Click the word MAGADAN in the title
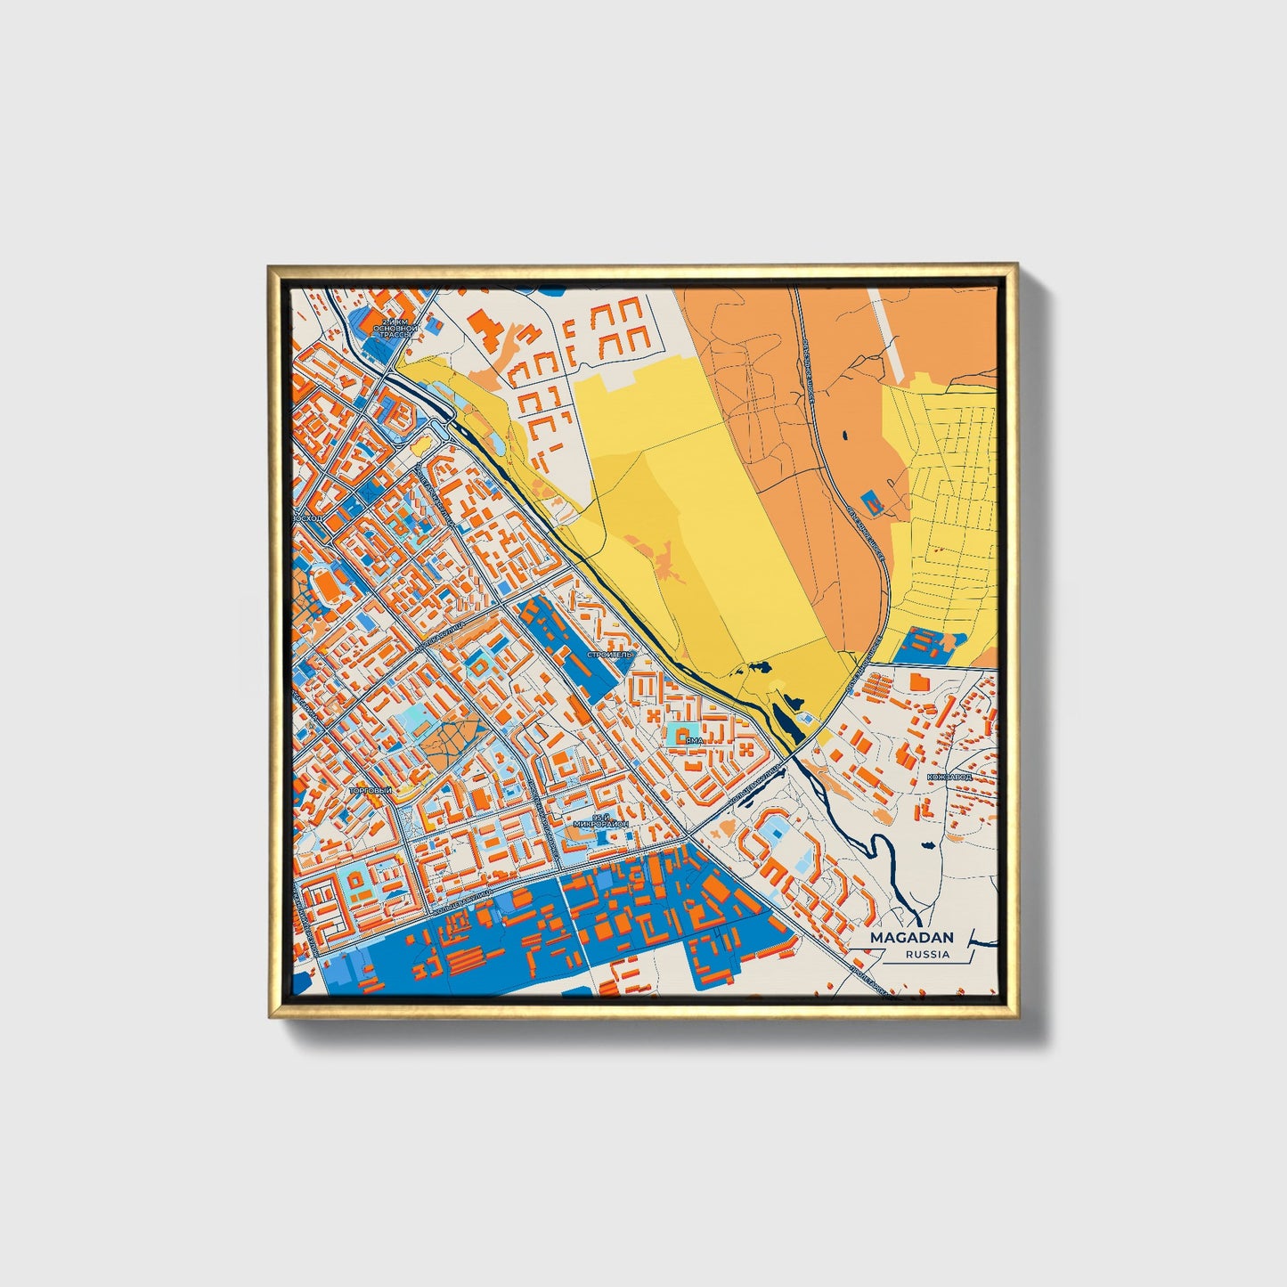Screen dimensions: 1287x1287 coord(911,937)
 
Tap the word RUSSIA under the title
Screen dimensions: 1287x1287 coord(926,954)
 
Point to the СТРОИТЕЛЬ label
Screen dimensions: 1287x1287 coord(609,654)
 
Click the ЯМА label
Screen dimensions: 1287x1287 coord(695,739)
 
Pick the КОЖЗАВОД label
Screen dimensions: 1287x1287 coord(949,776)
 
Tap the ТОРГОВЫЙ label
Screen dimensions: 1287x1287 coord(371,790)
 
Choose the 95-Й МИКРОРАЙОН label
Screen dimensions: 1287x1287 coord(602,820)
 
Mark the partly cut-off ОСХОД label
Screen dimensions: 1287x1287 coord(312,517)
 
